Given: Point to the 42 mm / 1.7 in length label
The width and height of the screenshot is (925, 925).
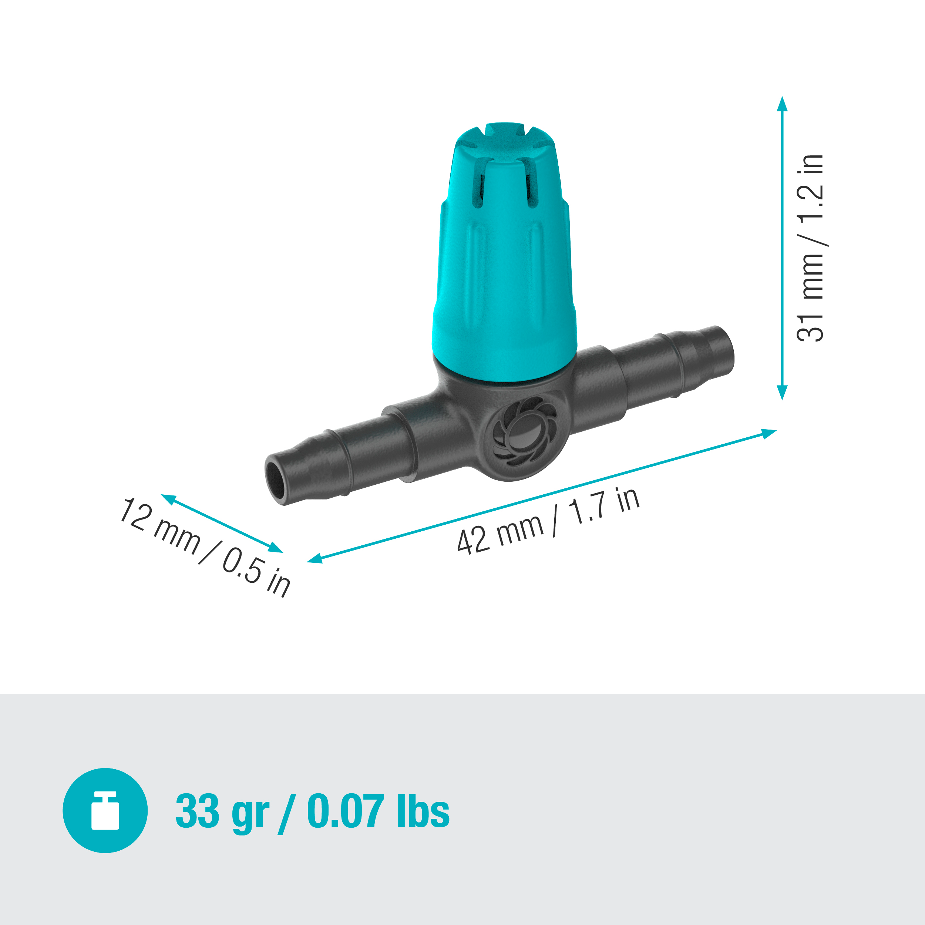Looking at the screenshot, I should click(548, 521).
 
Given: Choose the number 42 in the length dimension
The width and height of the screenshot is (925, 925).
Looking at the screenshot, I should click(473, 541).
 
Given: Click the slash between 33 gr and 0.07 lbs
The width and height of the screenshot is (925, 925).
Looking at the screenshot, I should click(287, 812).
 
